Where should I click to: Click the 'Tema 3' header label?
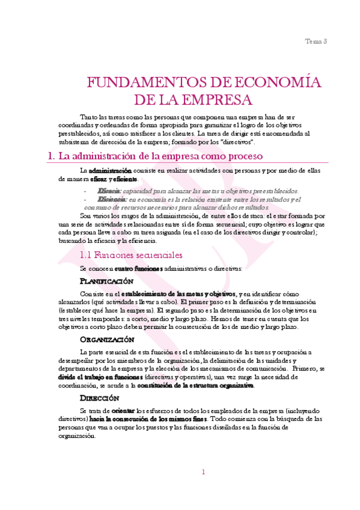click(316, 41)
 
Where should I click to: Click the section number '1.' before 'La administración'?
click(50, 156)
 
